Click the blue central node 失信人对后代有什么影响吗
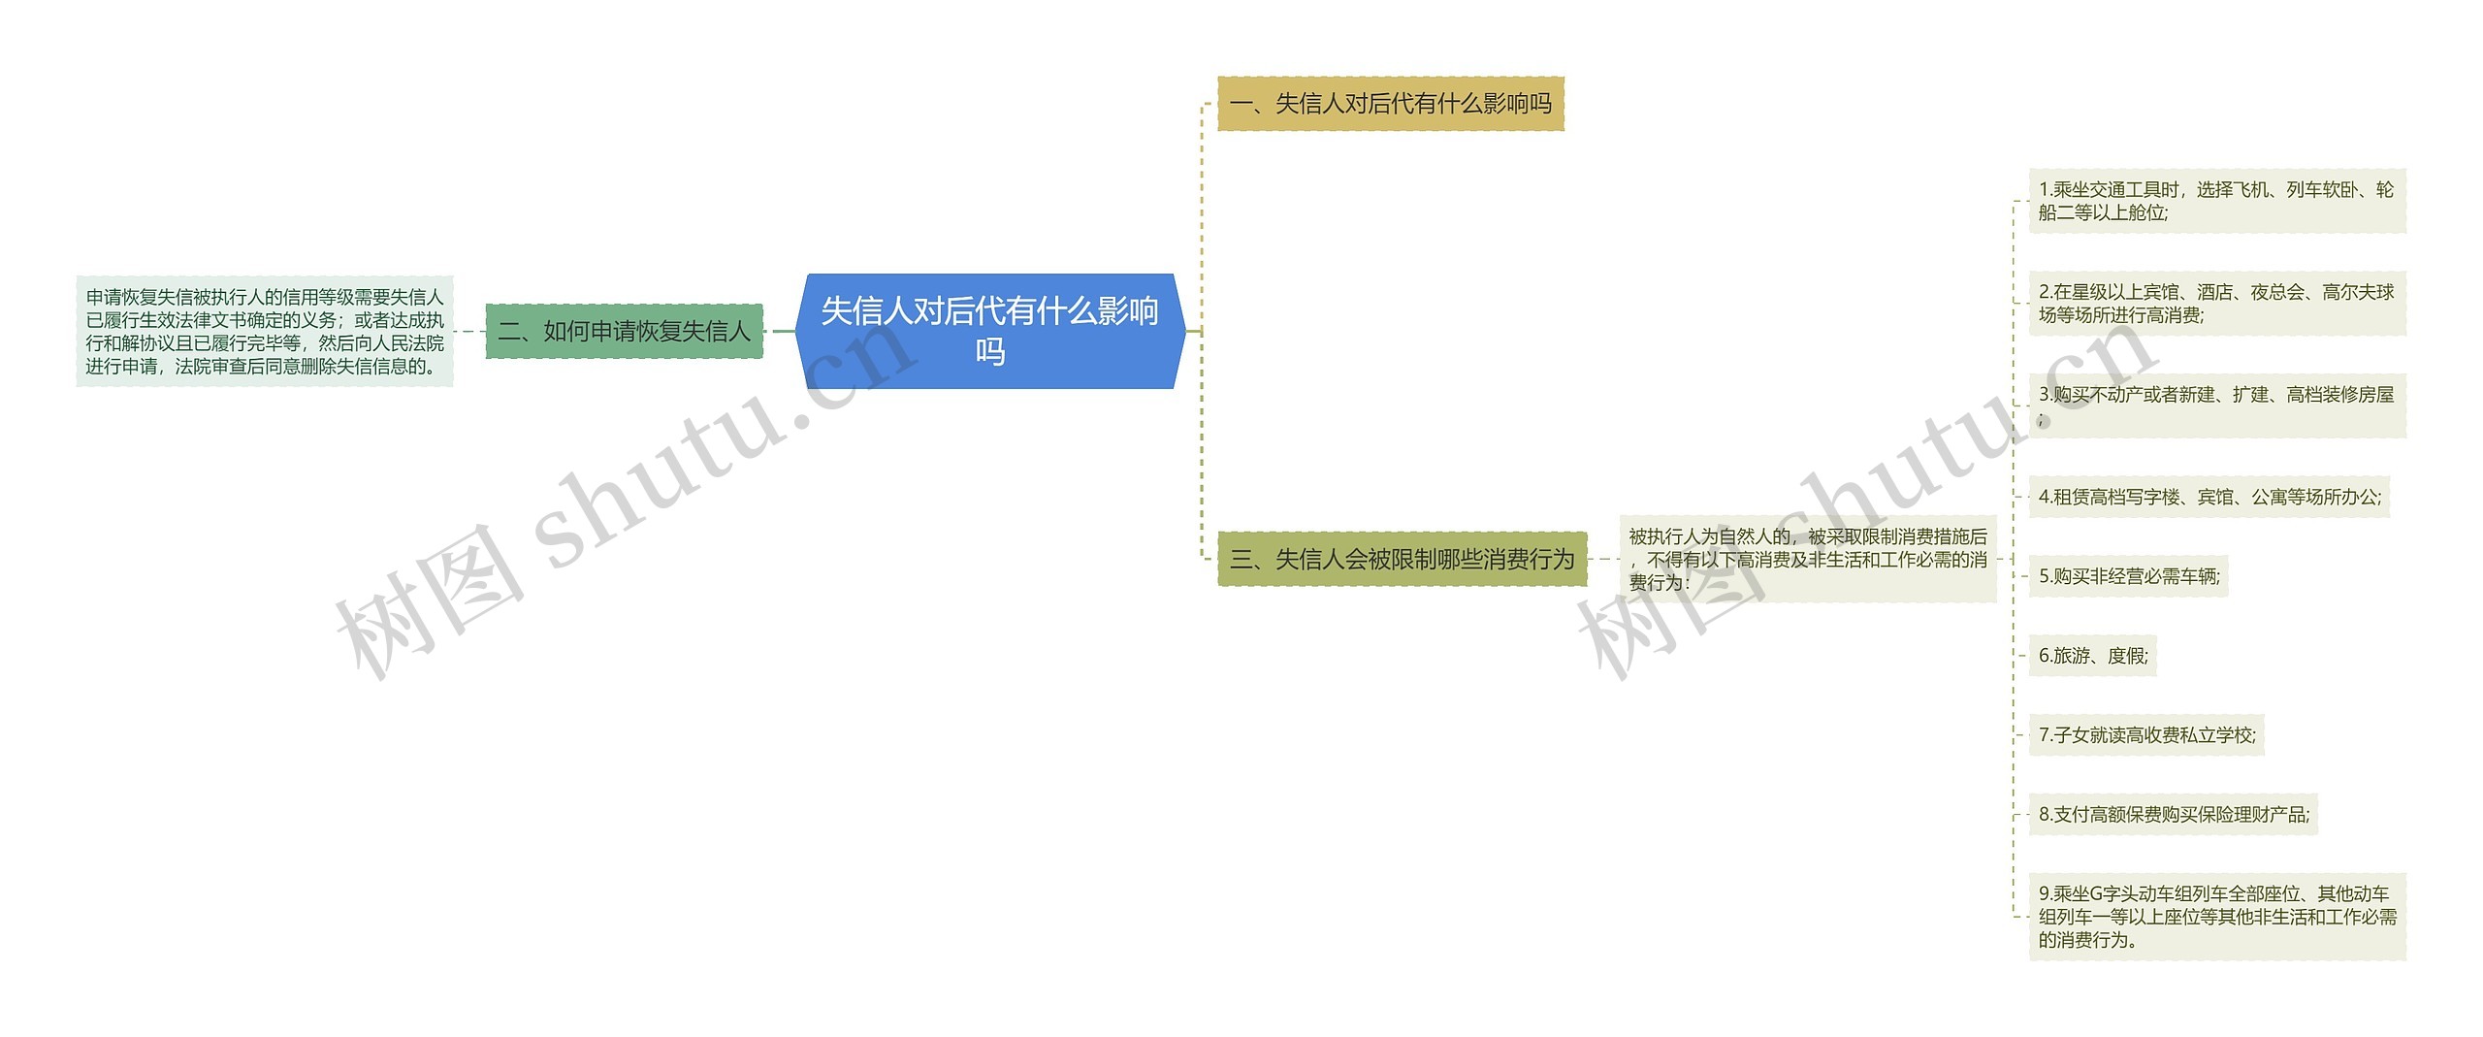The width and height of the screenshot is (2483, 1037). coord(989,331)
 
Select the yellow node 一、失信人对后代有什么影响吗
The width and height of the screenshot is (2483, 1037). coord(1390,104)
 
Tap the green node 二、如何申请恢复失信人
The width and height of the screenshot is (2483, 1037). coord(624,332)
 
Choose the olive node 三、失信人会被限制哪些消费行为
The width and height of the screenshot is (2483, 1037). coord(1402,559)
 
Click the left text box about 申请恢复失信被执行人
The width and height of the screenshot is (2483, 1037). coord(265,332)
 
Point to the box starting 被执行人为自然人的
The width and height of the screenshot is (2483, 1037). coord(1807,559)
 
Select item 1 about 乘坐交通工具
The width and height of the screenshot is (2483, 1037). coord(2216,201)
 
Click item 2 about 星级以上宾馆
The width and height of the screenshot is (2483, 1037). coord(2216,304)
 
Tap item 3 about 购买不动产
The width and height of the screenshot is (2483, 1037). coord(2216,405)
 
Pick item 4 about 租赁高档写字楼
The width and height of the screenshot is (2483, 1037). coord(2209,497)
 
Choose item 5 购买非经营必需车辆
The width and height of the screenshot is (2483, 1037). coord(2128,576)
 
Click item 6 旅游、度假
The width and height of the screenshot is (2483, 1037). coord(2092,656)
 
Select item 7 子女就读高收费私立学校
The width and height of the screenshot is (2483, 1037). coord(2146,735)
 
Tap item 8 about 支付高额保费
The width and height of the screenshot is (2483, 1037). coord(2173,815)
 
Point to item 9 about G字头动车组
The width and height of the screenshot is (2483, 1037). coord(2216,917)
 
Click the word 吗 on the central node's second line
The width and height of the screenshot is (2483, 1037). coord(989,351)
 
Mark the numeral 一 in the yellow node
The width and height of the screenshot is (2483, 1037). coord(1241,104)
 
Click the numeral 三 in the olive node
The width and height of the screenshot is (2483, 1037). coord(1241,559)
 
